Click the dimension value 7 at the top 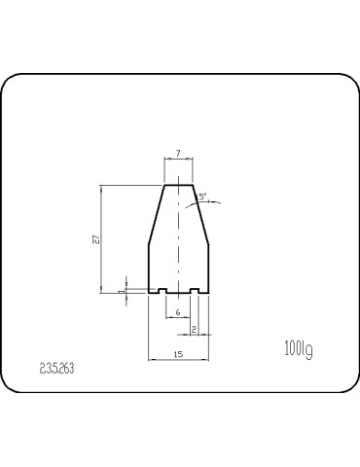[x=178, y=155]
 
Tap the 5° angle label [x=201, y=197]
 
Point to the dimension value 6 [x=178, y=311]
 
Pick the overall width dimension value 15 [x=178, y=354]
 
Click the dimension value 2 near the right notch [x=196, y=330]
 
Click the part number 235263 [x=57, y=370]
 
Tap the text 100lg [x=298, y=347]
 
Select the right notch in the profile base [x=196, y=291]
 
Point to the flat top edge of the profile [x=178, y=185]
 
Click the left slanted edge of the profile [x=156, y=214]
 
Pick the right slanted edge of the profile [x=200, y=214]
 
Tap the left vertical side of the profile [x=148, y=268]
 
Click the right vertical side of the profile [x=208, y=268]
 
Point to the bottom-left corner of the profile [x=148, y=293]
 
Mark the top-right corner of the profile [x=193, y=185]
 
